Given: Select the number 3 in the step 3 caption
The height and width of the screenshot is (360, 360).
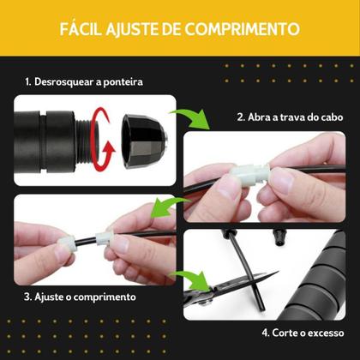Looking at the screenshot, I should [x=28, y=297].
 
